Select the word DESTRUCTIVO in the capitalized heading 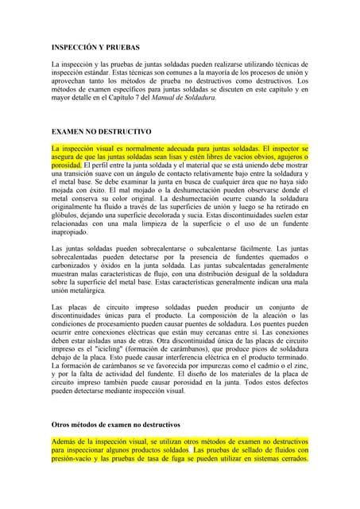click(126, 130)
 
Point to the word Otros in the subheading click(61, 425)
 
